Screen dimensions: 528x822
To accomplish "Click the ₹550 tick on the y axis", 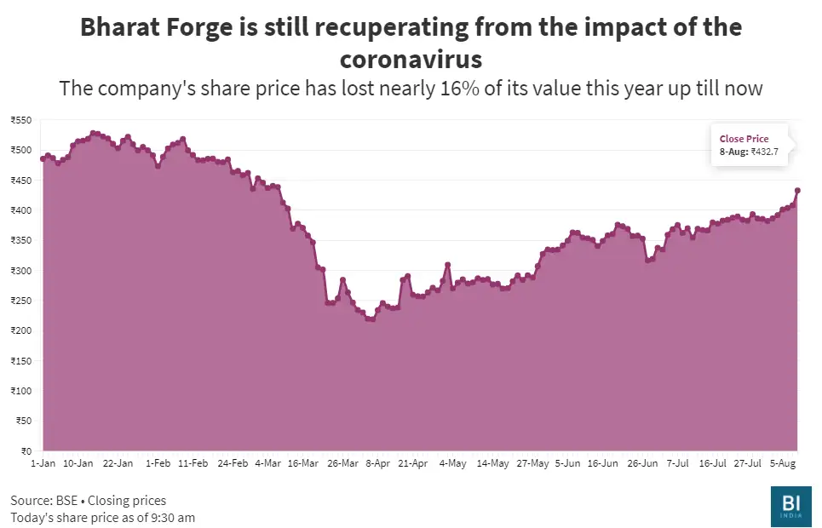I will pyautogui.click(x=20, y=120).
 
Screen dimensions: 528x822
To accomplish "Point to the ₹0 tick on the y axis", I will pyautogui.click(x=26, y=451).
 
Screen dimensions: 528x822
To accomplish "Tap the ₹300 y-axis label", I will pyautogui.click(x=20, y=271).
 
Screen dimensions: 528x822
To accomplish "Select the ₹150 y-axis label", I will pyautogui.click(x=20, y=361).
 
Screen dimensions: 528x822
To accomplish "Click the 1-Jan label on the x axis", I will pyautogui.click(x=43, y=463).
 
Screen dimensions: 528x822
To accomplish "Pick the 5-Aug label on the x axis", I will pyautogui.click(x=783, y=463).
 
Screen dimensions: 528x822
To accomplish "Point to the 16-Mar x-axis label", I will pyautogui.click(x=304, y=463).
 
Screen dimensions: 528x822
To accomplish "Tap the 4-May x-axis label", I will pyautogui.click(x=452, y=463).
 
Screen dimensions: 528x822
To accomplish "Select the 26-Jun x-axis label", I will pyautogui.click(x=642, y=463).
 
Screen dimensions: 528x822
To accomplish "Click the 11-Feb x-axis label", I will pyautogui.click(x=192, y=463).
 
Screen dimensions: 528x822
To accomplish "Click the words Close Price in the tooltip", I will pyautogui.click(x=744, y=139).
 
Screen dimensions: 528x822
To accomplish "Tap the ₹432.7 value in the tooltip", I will pyautogui.click(x=766, y=152).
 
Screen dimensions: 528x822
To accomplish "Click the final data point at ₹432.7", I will pyautogui.click(x=797, y=191).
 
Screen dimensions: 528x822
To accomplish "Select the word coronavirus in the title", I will pyautogui.click(x=411, y=60).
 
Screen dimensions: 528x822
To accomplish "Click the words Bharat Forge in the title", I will pyautogui.click(x=154, y=26).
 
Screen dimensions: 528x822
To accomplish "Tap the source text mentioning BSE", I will pyautogui.click(x=89, y=500).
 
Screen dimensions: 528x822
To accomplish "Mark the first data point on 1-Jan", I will pyautogui.click(x=43, y=158).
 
